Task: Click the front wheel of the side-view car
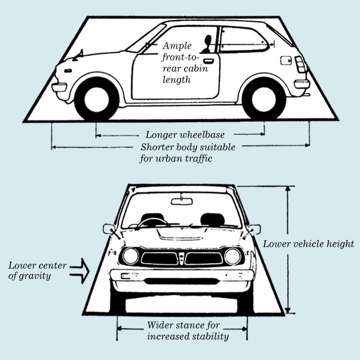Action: pyautogui.click(x=97, y=99)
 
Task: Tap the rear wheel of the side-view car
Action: pyautogui.click(x=264, y=99)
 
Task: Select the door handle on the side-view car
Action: pyautogui.click(x=209, y=61)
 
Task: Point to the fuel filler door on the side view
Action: pyautogui.click(x=286, y=61)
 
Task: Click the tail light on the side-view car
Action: pyautogui.click(x=301, y=64)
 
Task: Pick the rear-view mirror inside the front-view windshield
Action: pyautogui.click(x=182, y=201)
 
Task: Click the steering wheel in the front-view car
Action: pyautogui.click(x=152, y=223)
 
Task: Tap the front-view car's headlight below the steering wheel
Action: pyautogui.click(x=130, y=256)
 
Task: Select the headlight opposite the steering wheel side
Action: pyautogui.click(x=233, y=256)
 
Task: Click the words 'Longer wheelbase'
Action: pyautogui.click(x=185, y=135)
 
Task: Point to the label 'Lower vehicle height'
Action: pyautogui.click(x=309, y=244)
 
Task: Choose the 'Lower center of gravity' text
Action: pyautogui.click(x=37, y=271)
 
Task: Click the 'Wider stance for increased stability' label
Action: pyautogui.click(x=188, y=331)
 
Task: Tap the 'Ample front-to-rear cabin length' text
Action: pyautogui.click(x=185, y=63)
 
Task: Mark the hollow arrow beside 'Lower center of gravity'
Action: pyautogui.click(x=80, y=271)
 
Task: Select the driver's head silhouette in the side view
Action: pyautogui.click(x=208, y=40)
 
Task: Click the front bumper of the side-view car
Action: pyautogui.click(x=59, y=87)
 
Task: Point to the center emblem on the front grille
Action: pyautogui.click(x=182, y=258)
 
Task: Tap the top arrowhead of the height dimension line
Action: pyautogui.click(x=288, y=189)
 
